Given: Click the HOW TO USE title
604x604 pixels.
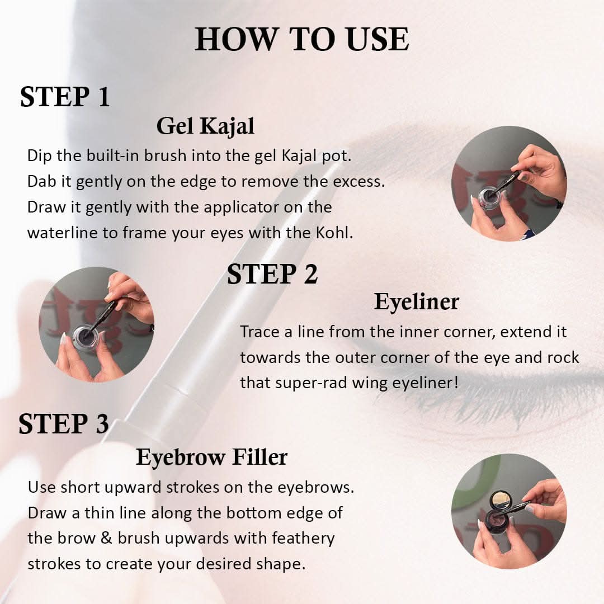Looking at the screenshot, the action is pos(302,39).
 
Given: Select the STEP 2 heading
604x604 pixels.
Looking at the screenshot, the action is pos(272,274).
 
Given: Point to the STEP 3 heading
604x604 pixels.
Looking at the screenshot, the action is pos(64,424).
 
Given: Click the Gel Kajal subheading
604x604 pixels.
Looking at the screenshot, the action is pos(205,126).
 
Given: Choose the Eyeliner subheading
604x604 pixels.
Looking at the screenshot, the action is pos(417,301).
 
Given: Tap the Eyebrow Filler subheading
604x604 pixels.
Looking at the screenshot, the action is pos(211,457).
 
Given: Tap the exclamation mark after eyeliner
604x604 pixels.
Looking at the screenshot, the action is pos(456,383).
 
